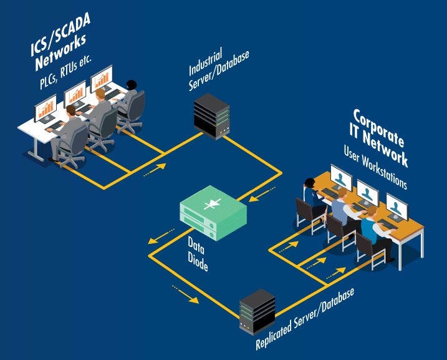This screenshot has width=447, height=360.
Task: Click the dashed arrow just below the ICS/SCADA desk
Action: pos(155,169)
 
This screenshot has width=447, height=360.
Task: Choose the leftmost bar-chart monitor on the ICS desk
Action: pos(45,110)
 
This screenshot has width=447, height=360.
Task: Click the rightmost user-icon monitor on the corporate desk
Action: pos(397,205)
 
